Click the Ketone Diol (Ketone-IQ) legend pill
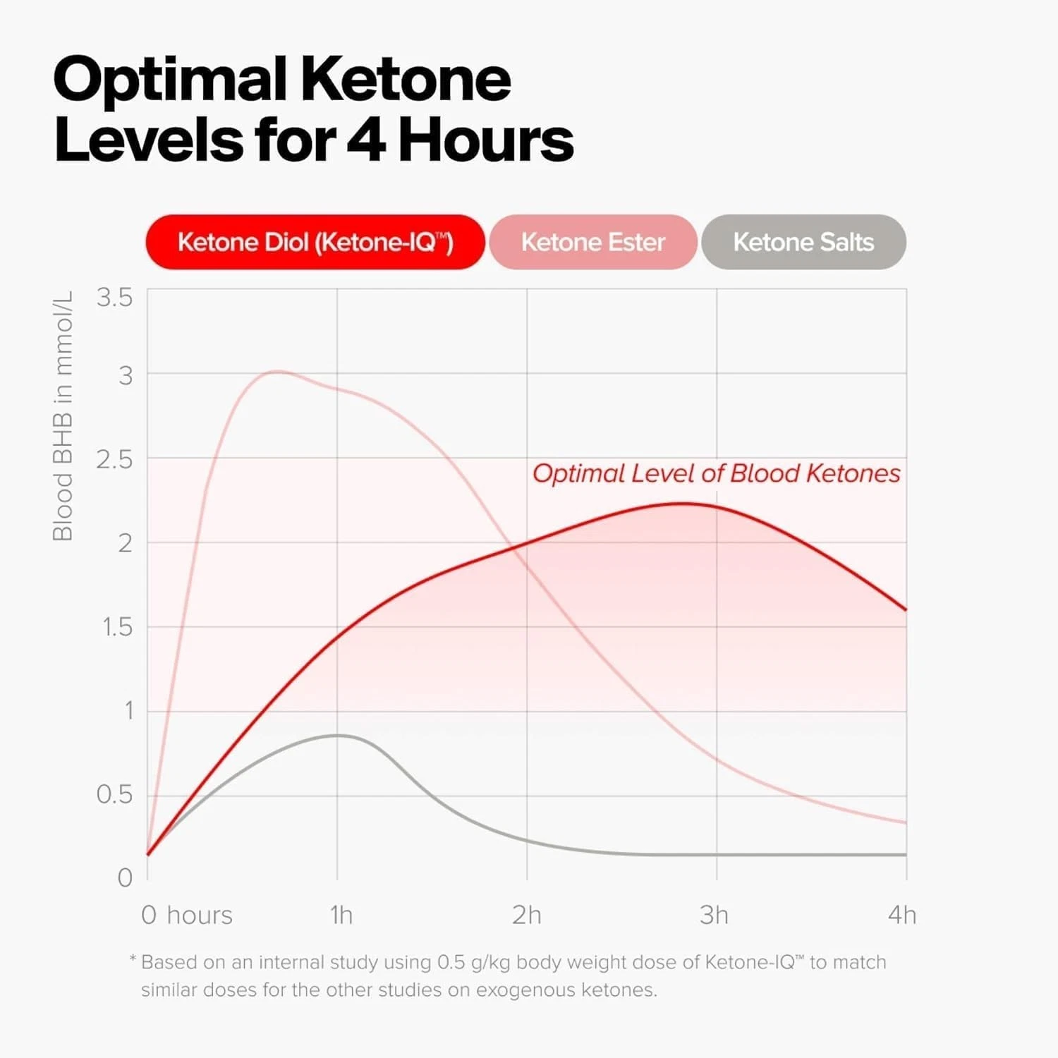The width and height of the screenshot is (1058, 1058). pos(315,242)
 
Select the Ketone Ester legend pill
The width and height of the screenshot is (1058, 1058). pos(592,242)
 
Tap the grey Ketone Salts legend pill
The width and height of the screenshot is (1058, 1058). pos(803,242)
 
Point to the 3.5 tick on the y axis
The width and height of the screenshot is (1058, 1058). pos(114,298)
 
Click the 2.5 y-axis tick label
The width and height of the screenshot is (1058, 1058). pos(114,460)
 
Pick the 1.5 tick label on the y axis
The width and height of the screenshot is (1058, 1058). pos(117,627)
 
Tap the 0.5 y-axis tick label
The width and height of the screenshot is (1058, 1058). pos(114,795)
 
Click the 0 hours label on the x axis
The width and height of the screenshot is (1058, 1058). pos(187,915)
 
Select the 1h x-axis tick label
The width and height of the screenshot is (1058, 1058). pos(341,915)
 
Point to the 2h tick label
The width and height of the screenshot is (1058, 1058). pos(527,915)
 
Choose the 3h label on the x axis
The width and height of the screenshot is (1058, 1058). pos(714,915)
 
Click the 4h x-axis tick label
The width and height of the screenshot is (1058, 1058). pos(902,915)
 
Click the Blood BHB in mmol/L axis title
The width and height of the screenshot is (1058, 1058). pos(63,416)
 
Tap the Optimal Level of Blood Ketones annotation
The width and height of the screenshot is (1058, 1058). pos(716,473)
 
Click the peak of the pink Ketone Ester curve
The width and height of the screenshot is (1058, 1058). pos(277,371)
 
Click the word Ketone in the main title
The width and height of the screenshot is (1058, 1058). pos(406,79)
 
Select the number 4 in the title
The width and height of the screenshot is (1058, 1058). pos(366,140)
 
